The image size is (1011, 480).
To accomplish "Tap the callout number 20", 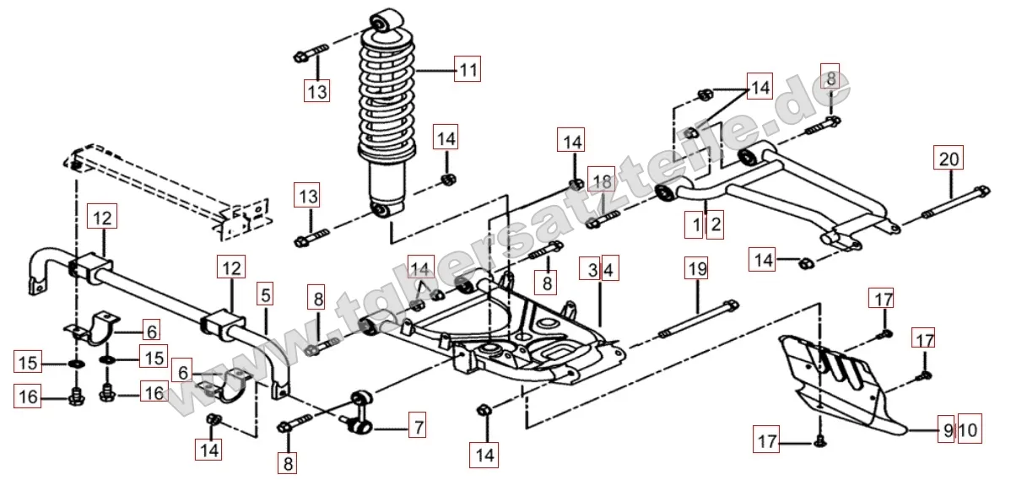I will pyautogui.click(x=948, y=158).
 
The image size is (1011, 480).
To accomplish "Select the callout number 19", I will pyautogui.click(x=696, y=271).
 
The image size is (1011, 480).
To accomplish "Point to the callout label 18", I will pyautogui.click(x=600, y=182).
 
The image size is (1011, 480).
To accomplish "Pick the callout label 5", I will pyautogui.click(x=265, y=295).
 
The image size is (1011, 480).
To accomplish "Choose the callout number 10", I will pyautogui.click(x=968, y=429).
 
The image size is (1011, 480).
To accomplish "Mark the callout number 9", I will pyautogui.click(x=948, y=429).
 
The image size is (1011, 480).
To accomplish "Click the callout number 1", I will pyautogui.click(x=695, y=225).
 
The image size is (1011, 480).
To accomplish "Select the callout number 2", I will pyautogui.click(x=715, y=225).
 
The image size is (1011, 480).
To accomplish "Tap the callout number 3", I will pyautogui.click(x=591, y=271).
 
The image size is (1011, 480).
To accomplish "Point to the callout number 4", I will pyautogui.click(x=609, y=271).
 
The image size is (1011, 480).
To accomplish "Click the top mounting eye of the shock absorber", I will pyautogui.click(x=387, y=20).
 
